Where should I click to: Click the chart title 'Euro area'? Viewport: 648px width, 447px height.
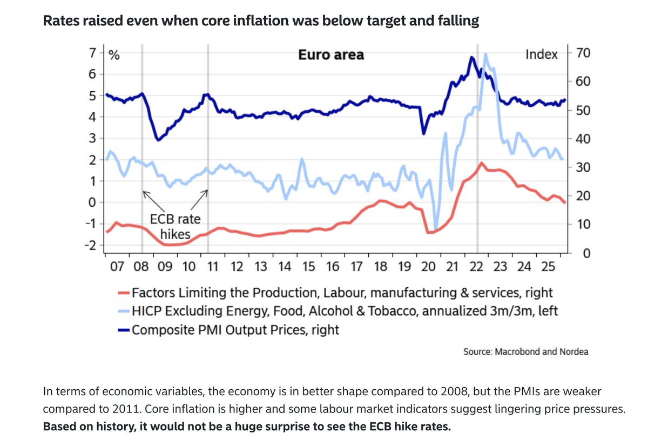[331, 55]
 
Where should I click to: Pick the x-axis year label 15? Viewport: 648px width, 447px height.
[308, 266]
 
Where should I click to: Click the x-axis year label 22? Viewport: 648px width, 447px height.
[476, 266]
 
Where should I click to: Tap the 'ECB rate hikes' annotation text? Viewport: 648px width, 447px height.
[174, 227]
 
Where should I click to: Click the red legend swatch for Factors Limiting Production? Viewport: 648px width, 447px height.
[123, 293]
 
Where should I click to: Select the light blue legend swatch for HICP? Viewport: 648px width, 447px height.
[123, 311]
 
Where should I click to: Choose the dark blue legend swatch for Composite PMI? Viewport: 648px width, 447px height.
[123, 329]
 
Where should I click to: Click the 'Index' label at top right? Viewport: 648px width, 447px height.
[542, 55]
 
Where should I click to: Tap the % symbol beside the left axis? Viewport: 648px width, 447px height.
[114, 55]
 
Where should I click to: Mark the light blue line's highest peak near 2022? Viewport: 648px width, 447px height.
[486, 54]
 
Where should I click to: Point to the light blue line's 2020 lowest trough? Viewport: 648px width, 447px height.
[436, 228]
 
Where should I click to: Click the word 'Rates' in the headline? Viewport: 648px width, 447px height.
[61, 22]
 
